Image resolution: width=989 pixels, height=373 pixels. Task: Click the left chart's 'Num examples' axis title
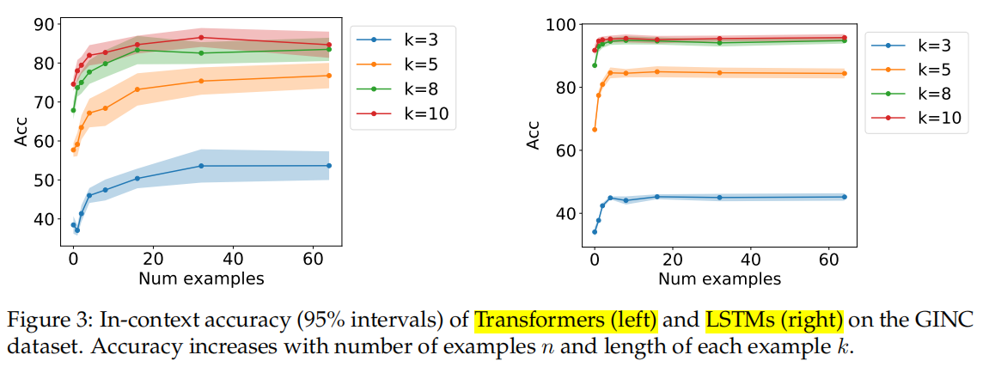[201, 278]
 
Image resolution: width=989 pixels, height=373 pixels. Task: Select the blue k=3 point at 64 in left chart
[329, 165]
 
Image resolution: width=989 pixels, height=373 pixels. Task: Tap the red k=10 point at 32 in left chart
[201, 38]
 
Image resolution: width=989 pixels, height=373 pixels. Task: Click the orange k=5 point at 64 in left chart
[329, 76]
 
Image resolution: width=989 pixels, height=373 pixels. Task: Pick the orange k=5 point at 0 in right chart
[595, 129]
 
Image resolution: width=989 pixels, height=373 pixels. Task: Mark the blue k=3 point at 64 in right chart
[845, 197]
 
